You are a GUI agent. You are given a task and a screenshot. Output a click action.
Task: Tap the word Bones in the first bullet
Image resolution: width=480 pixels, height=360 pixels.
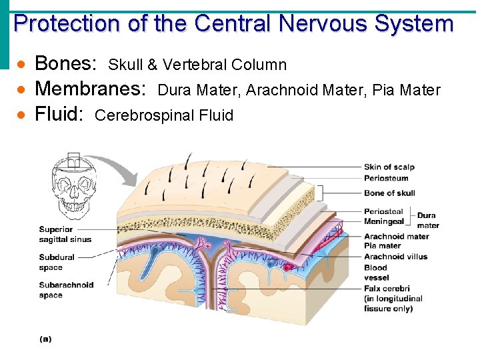pyautogui.click(x=65, y=64)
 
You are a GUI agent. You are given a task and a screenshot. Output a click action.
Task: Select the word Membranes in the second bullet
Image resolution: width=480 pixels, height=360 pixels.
pyautogui.click(x=90, y=89)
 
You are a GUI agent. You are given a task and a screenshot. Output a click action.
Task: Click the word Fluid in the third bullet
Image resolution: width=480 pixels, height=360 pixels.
pyautogui.click(x=58, y=115)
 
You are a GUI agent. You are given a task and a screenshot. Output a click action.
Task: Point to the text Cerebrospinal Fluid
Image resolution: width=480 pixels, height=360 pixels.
pyautogui.click(x=164, y=115)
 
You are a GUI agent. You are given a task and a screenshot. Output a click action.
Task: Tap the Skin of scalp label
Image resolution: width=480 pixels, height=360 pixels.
pyautogui.click(x=389, y=167)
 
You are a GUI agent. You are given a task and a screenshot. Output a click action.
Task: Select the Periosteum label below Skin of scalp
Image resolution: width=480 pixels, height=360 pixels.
pyautogui.click(x=386, y=178)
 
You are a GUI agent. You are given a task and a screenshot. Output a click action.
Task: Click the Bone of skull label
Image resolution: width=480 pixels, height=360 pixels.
pyautogui.click(x=389, y=193)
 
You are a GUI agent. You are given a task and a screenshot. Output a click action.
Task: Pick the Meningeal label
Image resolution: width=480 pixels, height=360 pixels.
pyautogui.click(x=384, y=222)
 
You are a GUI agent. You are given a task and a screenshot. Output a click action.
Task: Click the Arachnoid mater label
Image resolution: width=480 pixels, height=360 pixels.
pyautogui.click(x=396, y=236)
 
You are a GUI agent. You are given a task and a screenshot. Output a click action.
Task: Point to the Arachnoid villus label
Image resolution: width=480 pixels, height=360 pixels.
pyautogui.click(x=395, y=256)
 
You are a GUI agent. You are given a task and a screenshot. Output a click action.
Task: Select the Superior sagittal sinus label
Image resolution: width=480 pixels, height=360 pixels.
pyautogui.click(x=65, y=234)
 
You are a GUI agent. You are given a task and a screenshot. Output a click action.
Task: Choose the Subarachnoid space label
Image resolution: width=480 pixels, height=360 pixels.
pyautogui.click(x=66, y=290)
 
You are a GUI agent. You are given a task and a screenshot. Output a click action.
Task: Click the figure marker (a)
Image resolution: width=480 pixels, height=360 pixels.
pyautogui.click(x=45, y=339)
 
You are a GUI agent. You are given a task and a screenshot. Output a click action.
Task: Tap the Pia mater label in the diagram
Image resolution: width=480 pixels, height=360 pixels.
pyautogui.click(x=382, y=246)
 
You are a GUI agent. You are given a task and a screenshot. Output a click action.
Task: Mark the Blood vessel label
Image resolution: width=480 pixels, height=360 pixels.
pyautogui.click(x=377, y=272)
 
